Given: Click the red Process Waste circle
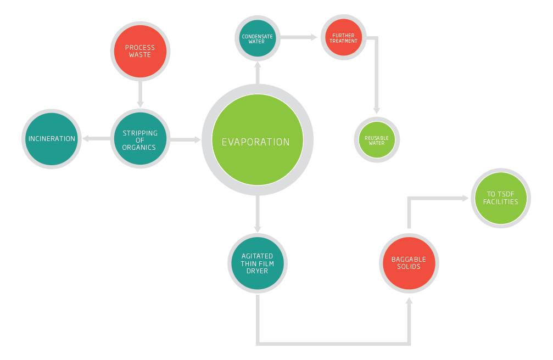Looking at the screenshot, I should [140, 51].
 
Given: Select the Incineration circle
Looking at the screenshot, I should [52, 139].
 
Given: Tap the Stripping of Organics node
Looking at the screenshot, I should [140, 140].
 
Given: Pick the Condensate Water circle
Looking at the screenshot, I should [257, 38].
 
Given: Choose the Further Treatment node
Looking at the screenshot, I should [344, 38].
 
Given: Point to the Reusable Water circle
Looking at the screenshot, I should [377, 139].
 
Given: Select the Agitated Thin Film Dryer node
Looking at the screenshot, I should [257, 263].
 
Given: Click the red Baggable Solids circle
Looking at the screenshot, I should [409, 263].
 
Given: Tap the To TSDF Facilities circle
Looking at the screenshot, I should [500, 198].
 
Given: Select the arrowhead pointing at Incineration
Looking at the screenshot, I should [86, 139].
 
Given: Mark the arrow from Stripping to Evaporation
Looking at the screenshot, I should [186, 140].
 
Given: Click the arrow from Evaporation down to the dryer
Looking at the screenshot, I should [257, 214].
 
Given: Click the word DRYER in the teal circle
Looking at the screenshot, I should [257, 271].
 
